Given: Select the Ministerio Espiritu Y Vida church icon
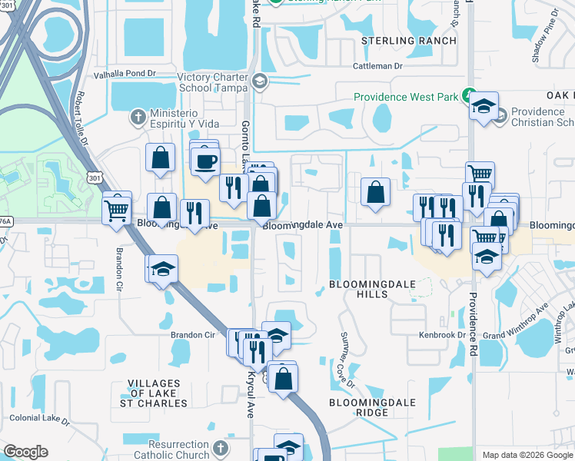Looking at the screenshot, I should coord(138,117).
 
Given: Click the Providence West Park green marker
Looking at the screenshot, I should coord(467,97).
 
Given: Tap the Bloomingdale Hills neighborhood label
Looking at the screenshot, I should coord(372,290).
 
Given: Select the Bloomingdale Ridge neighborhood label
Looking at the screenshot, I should coord(372,407).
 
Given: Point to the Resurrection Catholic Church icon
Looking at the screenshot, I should coord(221,448).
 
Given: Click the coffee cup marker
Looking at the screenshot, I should coord(205,161).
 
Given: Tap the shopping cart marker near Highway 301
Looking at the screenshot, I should coord(117,207).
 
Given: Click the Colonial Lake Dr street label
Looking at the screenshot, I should coord(39,421).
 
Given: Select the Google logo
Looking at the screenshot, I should coord(26,452).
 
